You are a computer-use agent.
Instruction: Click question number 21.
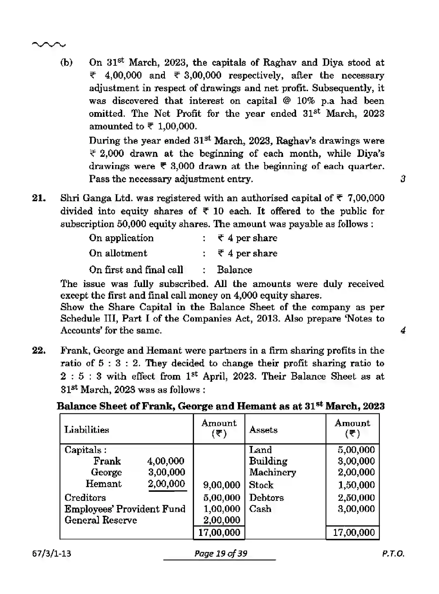click(x=39, y=198)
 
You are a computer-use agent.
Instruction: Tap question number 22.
click(x=39, y=350)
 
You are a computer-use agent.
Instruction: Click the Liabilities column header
click(x=87, y=430)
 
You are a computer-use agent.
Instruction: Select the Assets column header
click(x=263, y=430)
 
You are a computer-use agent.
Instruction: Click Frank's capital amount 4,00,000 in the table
click(x=166, y=461)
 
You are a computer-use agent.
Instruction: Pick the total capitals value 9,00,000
click(x=221, y=485)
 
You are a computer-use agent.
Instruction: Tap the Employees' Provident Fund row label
click(x=125, y=509)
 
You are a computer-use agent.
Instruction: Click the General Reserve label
click(x=101, y=520)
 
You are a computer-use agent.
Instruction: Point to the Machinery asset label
click(x=272, y=472)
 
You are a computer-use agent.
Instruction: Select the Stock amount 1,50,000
click(x=356, y=485)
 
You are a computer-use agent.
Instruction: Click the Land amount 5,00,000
click(x=356, y=450)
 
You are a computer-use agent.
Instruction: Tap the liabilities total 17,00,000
click(x=219, y=532)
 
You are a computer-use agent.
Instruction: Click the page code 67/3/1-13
click(x=52, y=553)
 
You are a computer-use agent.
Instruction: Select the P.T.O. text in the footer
click(x=393, y=554)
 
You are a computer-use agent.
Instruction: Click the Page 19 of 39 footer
click(x=221, y=553)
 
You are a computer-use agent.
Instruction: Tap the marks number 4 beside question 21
click(x=403, y=331)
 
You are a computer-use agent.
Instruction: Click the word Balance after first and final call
click(x=235, y=270)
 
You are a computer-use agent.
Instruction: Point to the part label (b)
click(x=67, y=62)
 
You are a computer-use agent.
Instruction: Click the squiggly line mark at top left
click(x=49, y=45)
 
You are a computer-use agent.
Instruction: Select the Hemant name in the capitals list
click(x=103, y=484)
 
